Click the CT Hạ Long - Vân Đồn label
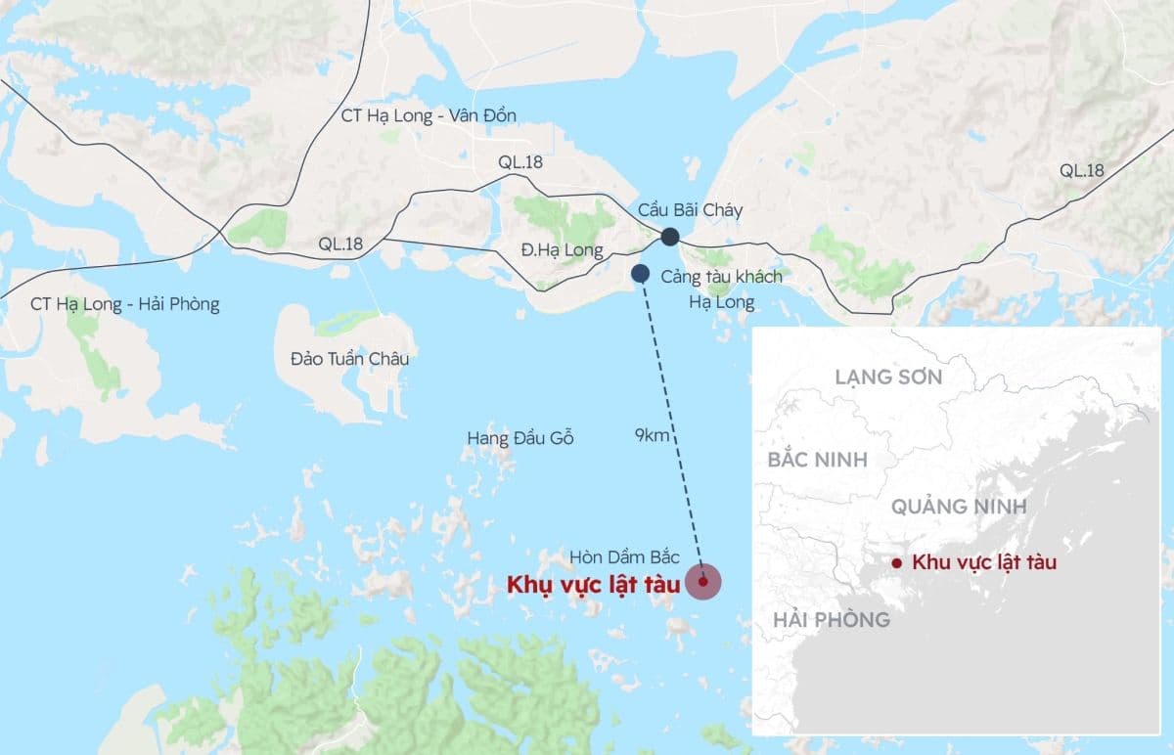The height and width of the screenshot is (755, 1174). pyautogui.click(x=428, y=115)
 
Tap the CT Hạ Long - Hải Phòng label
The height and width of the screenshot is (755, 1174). pyautogui.click(x=125, y=304)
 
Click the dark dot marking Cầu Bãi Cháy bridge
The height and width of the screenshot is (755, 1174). pyautogui.click(x=670, y=236)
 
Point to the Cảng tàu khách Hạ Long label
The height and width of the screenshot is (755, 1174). pyautogui.click(x=721, y=289)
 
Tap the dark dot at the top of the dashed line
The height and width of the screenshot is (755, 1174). pyautogui.click(x=641, y=273)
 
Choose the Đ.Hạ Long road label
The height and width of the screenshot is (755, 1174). pyautogui.click(x=562, y=250)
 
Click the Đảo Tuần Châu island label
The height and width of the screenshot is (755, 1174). pyautogui.click(x=349, y=358)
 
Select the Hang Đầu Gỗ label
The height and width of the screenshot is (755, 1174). pyautogui.click(x=519, y=438)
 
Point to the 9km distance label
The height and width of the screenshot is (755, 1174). pyautogui.click(x=653, y=436)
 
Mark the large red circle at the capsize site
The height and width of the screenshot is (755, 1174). pyautogui.click(x=703, y=581)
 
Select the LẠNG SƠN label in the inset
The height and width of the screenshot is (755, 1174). pyautogui.click(x=888, y=377)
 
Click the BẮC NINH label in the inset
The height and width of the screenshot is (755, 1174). pyautogui.click(x=818, y=459)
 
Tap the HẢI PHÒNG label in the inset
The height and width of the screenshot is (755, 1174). pyautogui.click(x=832, y=619)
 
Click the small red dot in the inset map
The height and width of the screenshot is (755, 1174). pyautogui.click(x=896, y=562)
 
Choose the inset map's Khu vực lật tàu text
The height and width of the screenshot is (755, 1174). pyautogui.click(x=984, y=562)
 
